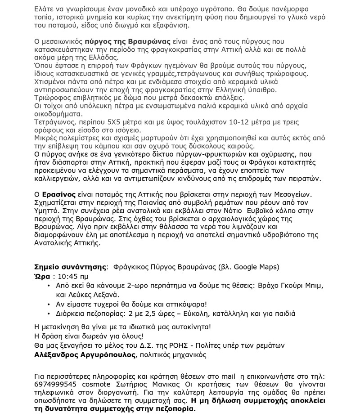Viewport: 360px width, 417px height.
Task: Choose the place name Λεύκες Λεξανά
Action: click(x=93, y=295)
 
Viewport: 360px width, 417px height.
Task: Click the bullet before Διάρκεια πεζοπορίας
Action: click(x=49, y=314)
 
